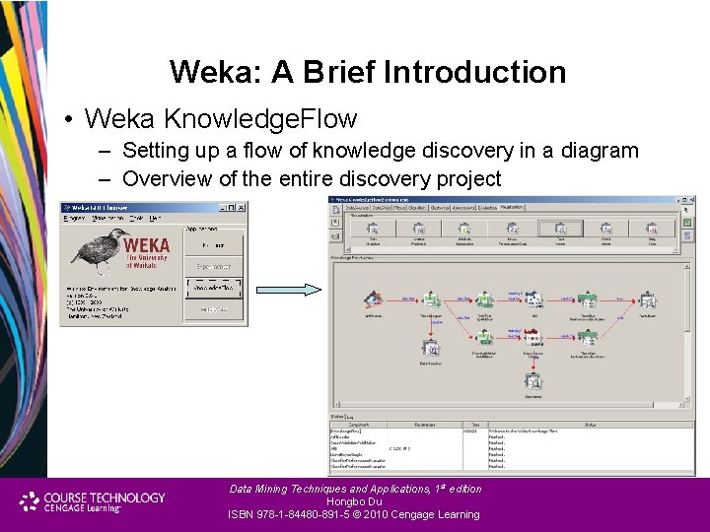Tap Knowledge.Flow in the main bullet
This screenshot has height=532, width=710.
pyautogui.click(x=260, y=119)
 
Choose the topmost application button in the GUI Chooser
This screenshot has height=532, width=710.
pyautogui.click(x=213, y=244)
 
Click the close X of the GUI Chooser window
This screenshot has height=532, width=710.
pyautogui.click(x=242, y=208)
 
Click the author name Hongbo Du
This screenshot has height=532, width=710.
pyautogui.click(x=354, y=501)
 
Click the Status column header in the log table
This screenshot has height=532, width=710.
pyautogui.click(x=590, y=425)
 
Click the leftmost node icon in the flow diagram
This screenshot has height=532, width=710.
pyautogui.click(x=373, y=300)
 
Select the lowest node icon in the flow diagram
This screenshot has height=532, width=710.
pyautogui.click(x=532, y=380)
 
